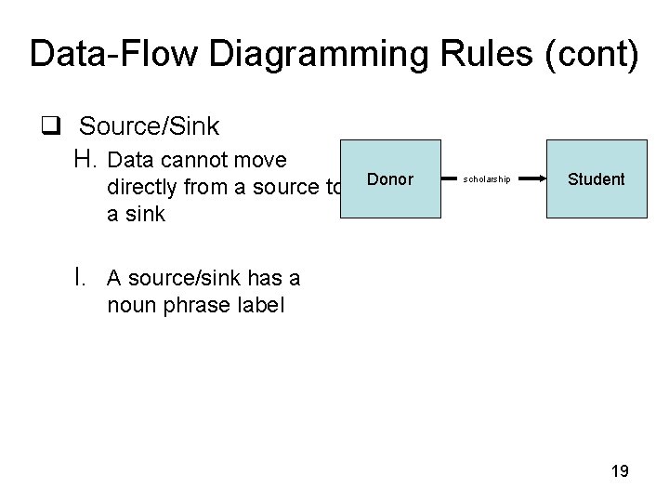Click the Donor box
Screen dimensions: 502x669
pos(390,178)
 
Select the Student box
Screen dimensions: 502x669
pos(596,178)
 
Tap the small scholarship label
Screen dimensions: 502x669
pos(487,178)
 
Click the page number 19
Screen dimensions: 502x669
pos(620,471)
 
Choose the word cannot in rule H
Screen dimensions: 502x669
pos(191,160)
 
